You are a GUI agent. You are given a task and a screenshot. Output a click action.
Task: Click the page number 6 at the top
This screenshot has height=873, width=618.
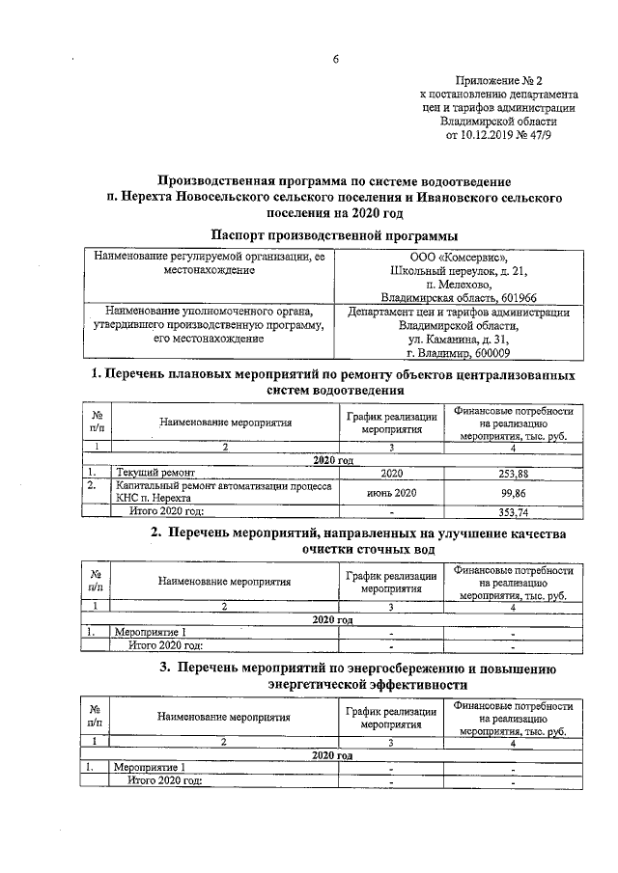point(336,60)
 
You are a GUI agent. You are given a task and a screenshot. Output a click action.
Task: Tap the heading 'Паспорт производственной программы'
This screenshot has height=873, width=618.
point(335,235)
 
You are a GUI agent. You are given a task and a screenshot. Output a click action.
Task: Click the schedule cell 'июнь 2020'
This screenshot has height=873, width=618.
point(391,493)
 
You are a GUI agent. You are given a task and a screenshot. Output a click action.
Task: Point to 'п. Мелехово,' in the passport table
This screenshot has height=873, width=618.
point(458,285)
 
